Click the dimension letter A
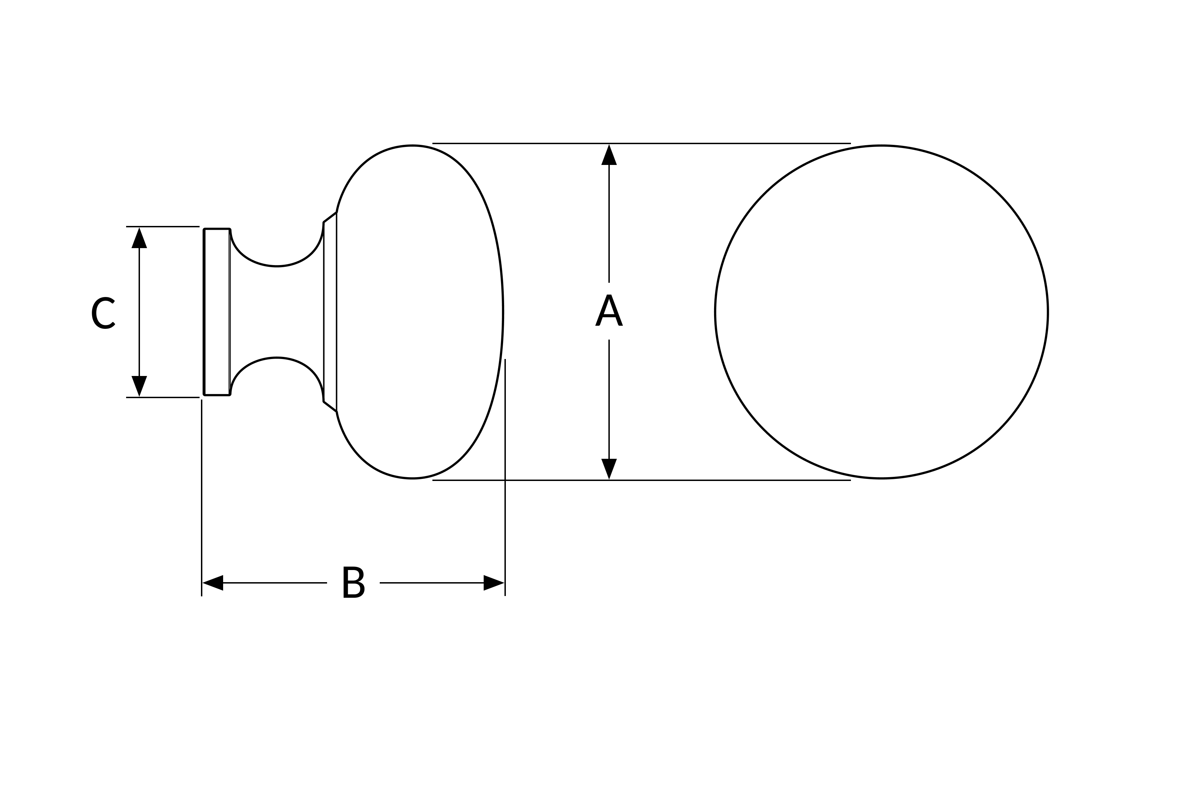[x=609, y=310]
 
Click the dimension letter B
[x=353, y=582]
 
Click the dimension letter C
[x=103, y=313]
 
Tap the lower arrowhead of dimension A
[x=609, y=468]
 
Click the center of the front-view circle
[x=881, y=312]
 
